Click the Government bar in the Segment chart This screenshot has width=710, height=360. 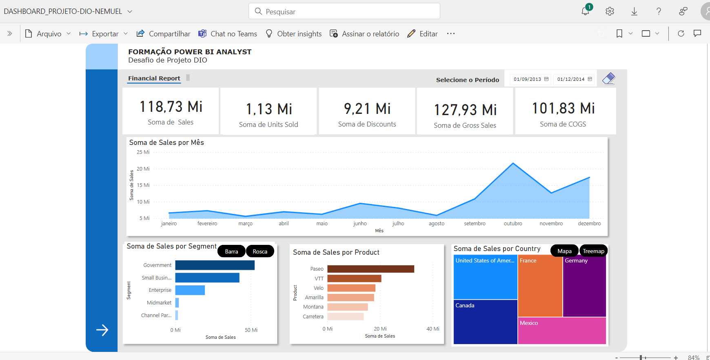[x=215, y=265]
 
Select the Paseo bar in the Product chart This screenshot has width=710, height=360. [x=371, y=269]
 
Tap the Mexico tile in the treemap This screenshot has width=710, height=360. [x=561, y=331]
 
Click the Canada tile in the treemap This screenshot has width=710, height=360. [x=485, y=322]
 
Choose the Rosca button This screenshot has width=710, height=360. [x=260, y=251]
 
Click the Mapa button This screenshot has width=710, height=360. [x=564, y=251]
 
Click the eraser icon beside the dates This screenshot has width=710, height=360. [x=608, y=78]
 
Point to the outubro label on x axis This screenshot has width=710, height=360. [x=513, y=224]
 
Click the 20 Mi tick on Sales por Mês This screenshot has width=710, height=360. [x=143, y=169]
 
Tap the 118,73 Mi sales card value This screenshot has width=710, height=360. [x=171, y=107]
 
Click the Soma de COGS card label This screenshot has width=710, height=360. [x=563, y=124]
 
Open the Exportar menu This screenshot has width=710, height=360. [x=104, y=34]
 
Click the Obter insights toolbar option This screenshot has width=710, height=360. [x=293, y=34]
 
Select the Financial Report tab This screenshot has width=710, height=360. [x=154, y=78]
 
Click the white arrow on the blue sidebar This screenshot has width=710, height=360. [x=102, y=330]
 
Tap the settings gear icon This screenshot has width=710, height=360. [x=610, y=11]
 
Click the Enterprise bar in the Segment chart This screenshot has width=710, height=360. [x=190, y=290]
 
